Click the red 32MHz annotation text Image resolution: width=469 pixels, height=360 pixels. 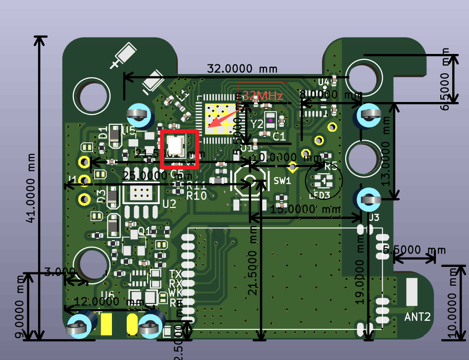point(262,95)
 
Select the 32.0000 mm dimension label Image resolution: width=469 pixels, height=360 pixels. point(242,69)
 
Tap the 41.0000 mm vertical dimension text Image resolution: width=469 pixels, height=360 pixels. point(32,188)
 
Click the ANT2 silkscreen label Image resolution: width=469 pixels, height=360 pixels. point(417,316)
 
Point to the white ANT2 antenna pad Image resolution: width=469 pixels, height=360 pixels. point(412,292)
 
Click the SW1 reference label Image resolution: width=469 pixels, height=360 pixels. point(282,181)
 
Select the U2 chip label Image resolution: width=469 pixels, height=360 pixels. point(169,204)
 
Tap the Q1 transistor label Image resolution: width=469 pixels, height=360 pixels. point(145,231)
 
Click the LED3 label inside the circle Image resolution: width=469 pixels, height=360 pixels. point(320,195)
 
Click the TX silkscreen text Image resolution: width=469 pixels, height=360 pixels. point(175,274)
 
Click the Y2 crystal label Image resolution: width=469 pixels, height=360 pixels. point(257,124)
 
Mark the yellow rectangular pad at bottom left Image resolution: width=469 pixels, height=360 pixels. point(106,324)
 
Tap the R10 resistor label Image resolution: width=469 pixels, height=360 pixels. point(196,195)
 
